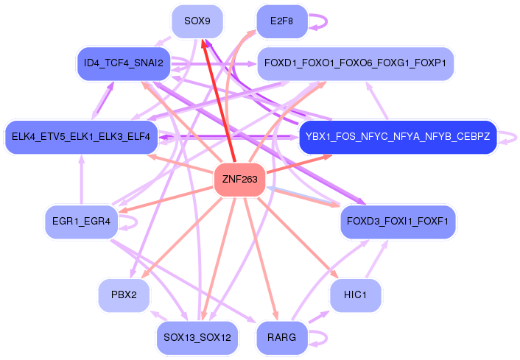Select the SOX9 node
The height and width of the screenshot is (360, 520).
(x=197, y=21)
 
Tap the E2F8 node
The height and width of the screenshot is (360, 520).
(x=281, y=21)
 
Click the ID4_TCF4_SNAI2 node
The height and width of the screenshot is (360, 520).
(x=124, y=64)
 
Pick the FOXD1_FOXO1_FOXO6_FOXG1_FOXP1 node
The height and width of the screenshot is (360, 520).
(x=355, y=64)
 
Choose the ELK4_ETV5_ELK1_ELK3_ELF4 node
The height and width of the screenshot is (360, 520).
(x=80, y=137)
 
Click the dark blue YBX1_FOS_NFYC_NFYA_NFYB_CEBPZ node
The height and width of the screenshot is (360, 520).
(x=398, y=137)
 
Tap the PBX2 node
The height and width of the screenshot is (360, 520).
(x=124, y=295)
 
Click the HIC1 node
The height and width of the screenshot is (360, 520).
(x=355, y=295)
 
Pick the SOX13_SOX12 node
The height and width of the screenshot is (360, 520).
(x=197, y=338)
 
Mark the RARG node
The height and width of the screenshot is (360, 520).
(x=281, y=338)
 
